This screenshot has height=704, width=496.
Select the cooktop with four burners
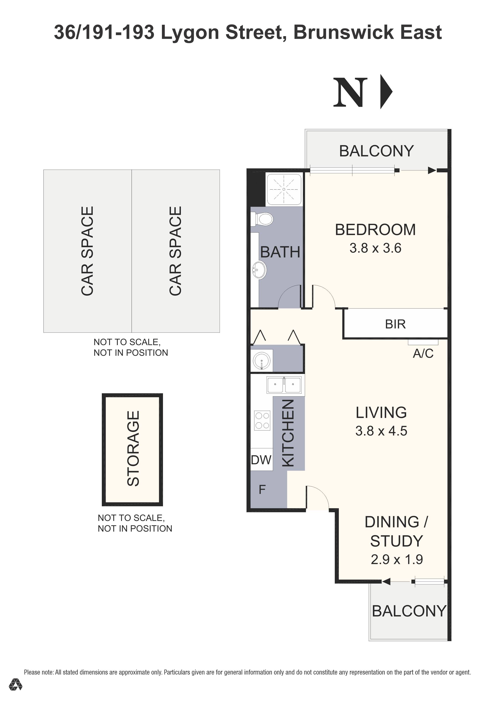262,420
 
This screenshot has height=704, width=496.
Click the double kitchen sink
284,385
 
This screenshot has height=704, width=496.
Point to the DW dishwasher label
261,460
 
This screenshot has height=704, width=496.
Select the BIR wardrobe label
395,324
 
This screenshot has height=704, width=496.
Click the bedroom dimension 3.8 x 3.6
375,248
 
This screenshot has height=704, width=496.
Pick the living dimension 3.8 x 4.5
381,431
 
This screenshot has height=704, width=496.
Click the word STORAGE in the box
133,448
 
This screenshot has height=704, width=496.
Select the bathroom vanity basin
259,270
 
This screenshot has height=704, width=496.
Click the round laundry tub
261,360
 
